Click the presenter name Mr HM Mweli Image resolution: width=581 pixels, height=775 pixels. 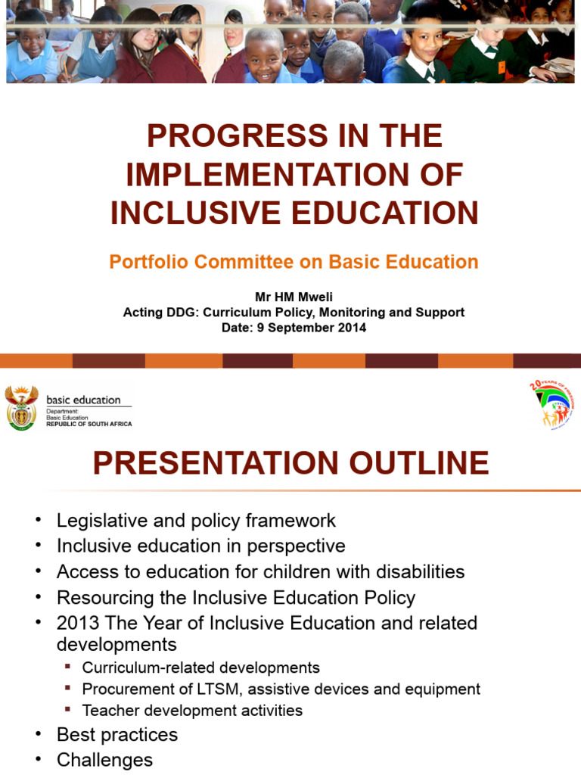pyautogui.click(x=294, y=297)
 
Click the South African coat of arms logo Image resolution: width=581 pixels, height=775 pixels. pyautogui.click(x=21, y=406)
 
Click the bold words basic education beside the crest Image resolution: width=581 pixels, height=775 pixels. pyautogui.click(x=83, y=400)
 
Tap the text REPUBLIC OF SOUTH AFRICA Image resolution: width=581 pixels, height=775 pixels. pyautogui.click(x=89, y=424)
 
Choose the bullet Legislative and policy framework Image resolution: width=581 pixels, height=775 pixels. pyautogui.click(x=196, y=521)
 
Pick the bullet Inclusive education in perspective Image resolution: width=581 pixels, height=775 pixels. pyautogui.click(x=200, y=546)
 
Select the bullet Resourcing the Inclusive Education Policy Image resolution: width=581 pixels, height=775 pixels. pyautogui.click(x=236, y=597)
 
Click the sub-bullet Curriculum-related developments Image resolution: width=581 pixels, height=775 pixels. pyautogui.click(x=200, y=668)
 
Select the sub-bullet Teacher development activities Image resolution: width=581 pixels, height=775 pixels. pyautogui.click(x=192, y=711)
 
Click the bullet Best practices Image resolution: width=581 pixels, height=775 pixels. pyautogui.click(x=117, y=735)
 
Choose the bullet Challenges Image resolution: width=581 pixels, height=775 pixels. pyautogui.click(x=104, y=760)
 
